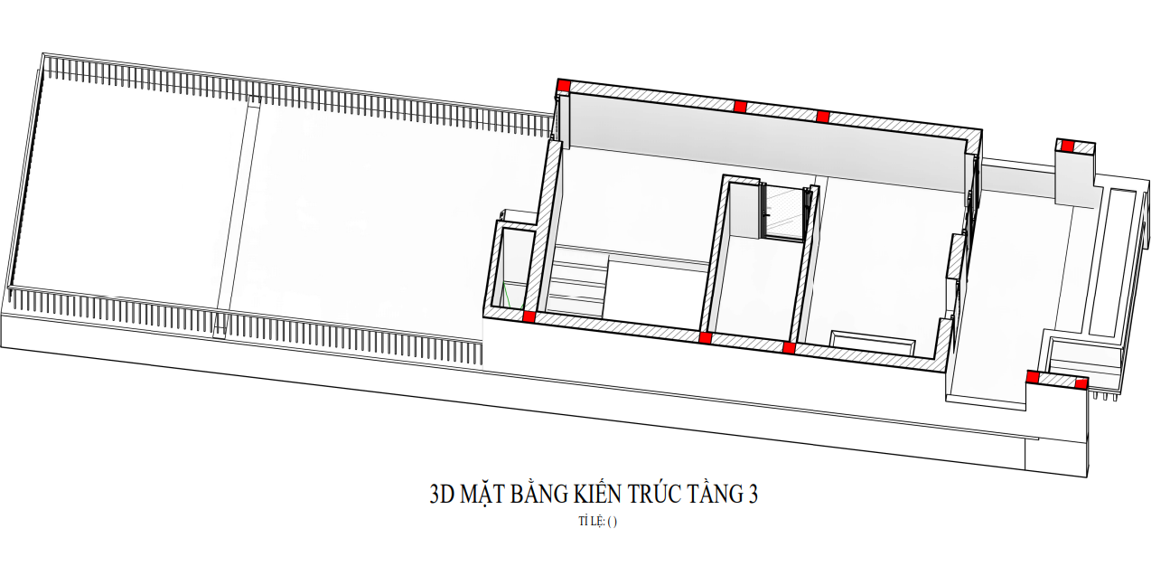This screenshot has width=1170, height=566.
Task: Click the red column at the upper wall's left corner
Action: point(564,86)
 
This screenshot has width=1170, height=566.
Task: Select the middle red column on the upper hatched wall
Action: point(740,107)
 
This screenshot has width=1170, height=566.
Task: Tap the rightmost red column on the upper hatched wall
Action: point(823,117)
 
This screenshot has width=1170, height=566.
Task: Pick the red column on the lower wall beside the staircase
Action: point(529,316)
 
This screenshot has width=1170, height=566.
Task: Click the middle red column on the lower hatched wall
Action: point(705,337)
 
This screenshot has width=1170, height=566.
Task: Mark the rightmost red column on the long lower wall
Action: point(789,348)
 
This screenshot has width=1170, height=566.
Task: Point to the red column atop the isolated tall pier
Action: point(1068,146)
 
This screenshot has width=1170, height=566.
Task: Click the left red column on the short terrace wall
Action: point(1034,377)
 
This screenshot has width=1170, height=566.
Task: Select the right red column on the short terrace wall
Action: point(1081,384)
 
